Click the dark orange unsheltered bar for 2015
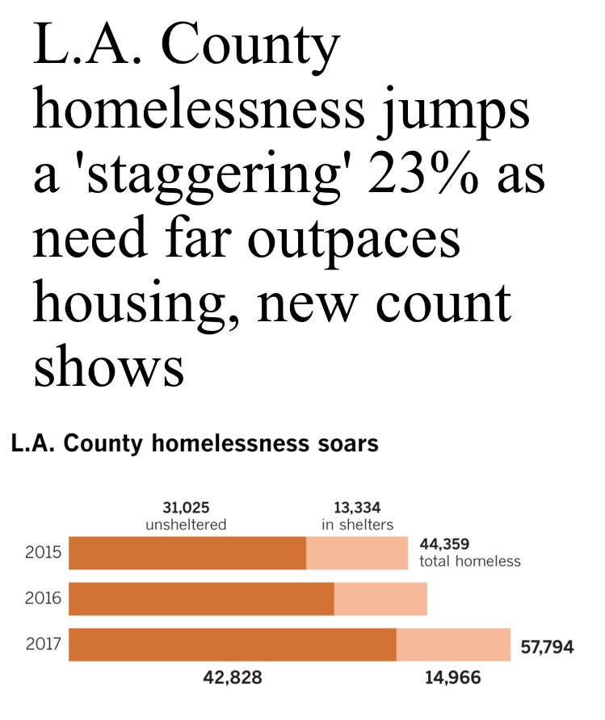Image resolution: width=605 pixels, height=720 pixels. [x=187, y=553]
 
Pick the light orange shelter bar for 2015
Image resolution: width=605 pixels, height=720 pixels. [x=357, y=553]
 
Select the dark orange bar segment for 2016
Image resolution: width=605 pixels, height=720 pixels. [x=201, y=598]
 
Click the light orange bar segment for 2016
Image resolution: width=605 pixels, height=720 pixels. [x=380, y=598]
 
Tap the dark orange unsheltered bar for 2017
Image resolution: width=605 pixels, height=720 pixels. [x=233, y=643]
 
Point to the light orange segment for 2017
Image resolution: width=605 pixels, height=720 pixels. [x=453, y=643]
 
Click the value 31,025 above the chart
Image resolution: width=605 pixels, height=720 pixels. [x=186, y=508]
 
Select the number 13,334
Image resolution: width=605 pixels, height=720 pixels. [x=356, y=508]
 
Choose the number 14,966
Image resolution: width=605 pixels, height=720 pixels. [x=452, y=678]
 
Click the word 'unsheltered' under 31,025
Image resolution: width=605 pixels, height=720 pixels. [x=186, y=525]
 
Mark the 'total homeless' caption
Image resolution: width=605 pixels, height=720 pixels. [x=470, y=561]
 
